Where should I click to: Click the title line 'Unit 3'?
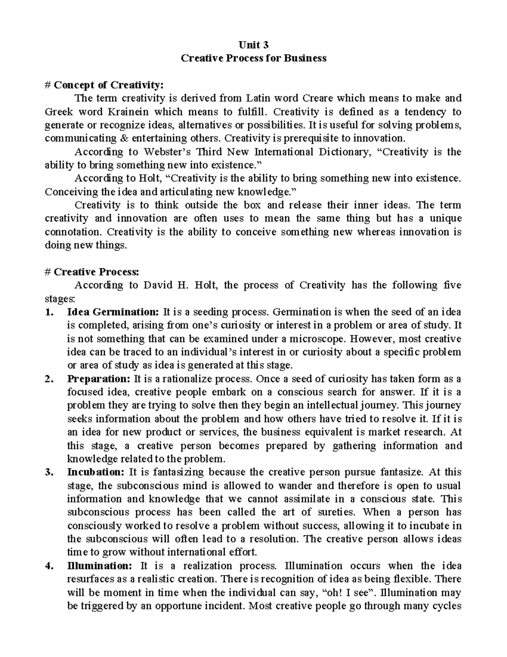253,45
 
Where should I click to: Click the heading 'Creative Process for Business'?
253,58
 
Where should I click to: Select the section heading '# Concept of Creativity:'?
104,85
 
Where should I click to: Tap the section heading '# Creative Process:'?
92,272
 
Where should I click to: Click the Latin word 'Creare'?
318,99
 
